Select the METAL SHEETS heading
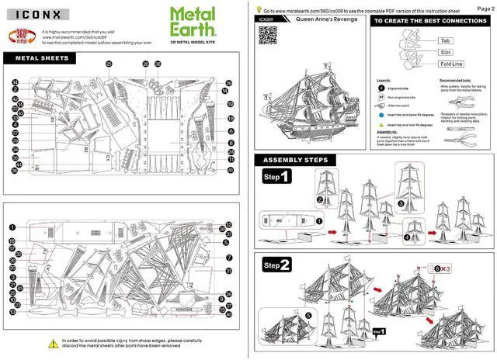pos(42,57)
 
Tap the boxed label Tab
pos(446,40)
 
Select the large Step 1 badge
pos(277,178)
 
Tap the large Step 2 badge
pos(277,265)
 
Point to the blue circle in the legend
pos(381,114)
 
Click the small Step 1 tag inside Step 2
pos(379,331)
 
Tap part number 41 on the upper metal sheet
pos(231,170)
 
